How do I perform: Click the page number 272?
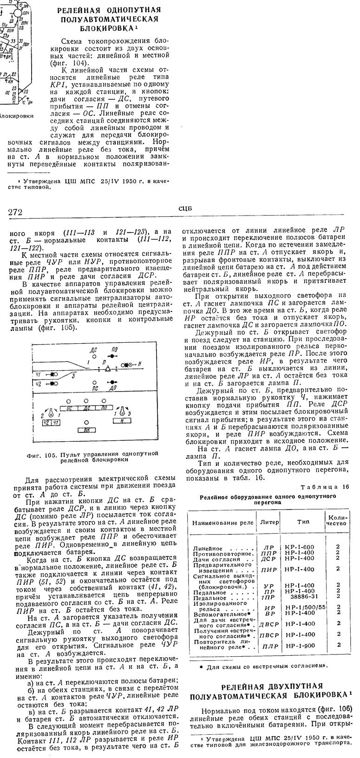(x=15, y=212)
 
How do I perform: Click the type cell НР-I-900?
(x=300, y=645)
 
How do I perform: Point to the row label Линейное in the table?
(x=207, y=549)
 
